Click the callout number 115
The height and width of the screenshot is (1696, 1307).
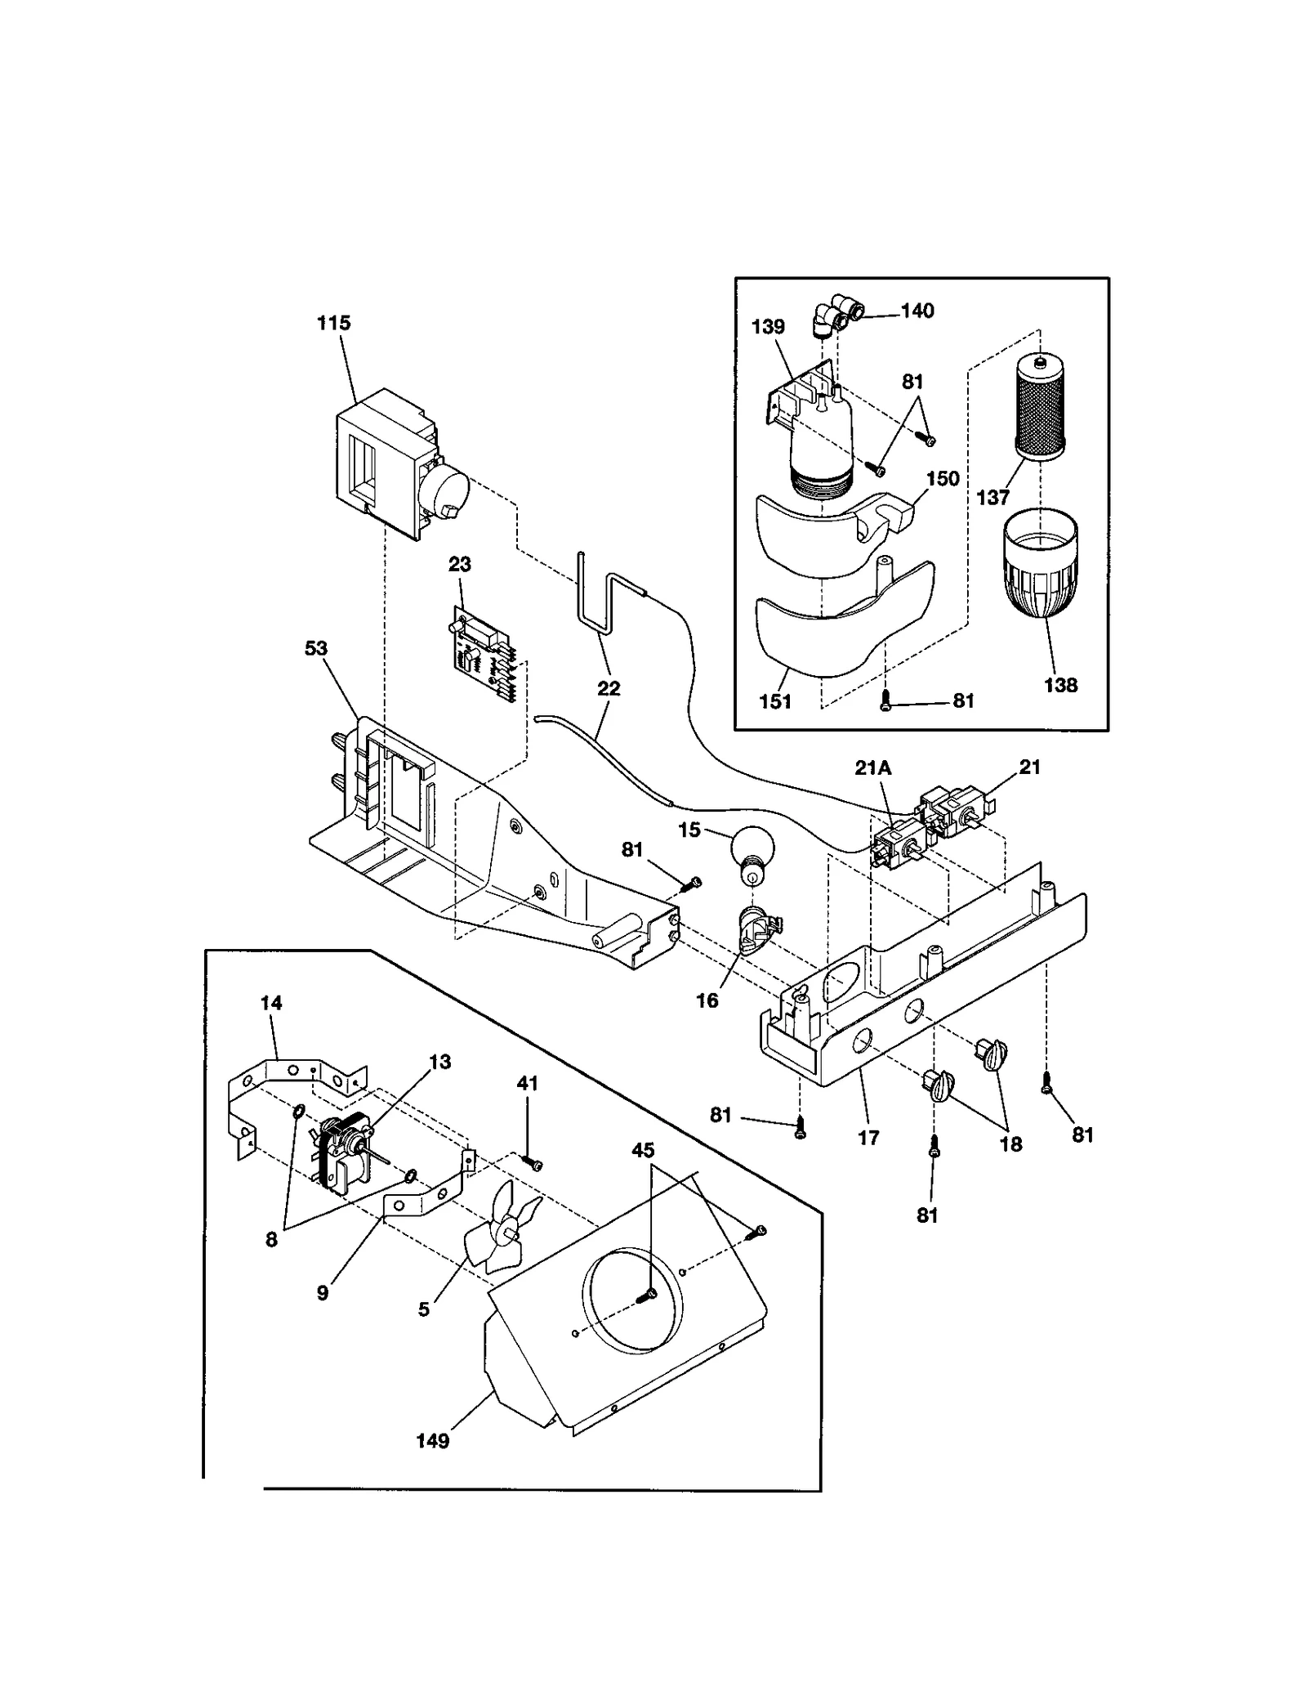(333, 323)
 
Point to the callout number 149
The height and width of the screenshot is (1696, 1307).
(432, 1441)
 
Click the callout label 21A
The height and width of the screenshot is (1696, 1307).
(872, 767)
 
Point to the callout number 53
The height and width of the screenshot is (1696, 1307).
(316, 648)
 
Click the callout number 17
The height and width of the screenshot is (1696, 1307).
(868, 1137)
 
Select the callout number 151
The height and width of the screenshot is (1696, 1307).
(775, 701)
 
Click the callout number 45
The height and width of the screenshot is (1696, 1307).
(643, 1150)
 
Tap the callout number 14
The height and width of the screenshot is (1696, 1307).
(271, 1003)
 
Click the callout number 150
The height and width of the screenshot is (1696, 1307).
(943, 478)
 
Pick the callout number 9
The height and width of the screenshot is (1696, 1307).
(323, 1292)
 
